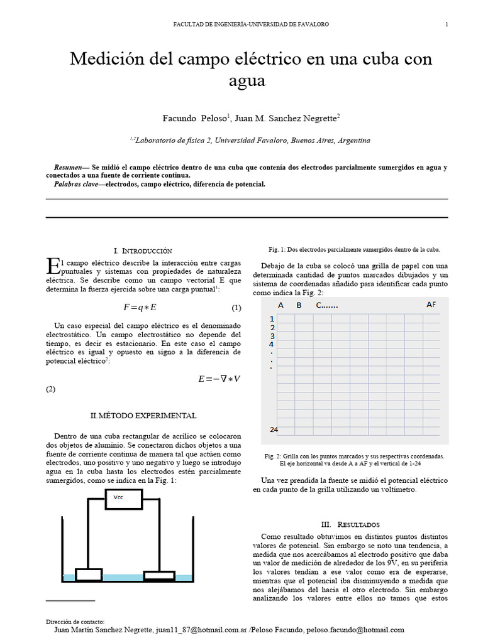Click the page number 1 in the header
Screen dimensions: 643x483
pos(447,24)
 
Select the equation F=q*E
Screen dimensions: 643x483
pos(140,308)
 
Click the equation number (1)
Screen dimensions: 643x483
pos(236,308)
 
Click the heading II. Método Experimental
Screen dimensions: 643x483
pos(143,416)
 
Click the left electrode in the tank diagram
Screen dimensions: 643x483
pos(89,574)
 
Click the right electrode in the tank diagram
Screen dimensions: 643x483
pos(160,575)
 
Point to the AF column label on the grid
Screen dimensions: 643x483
pos(431,305)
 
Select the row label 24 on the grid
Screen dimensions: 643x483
pos(274,430)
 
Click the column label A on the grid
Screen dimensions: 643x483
pos(280,305)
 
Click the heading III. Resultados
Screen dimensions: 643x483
pos(350,524)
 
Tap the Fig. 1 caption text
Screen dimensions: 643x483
pos(354,249)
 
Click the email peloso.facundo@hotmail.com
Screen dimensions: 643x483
pos(354,630)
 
